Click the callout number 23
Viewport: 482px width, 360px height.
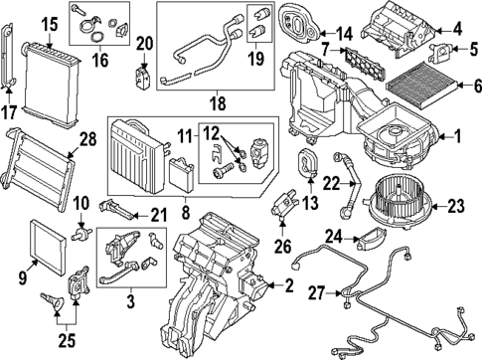pos(456,208)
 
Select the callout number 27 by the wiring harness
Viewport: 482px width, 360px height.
pos(317,292)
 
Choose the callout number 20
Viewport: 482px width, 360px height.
pos(145,43)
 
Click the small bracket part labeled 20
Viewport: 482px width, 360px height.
pos(143,74)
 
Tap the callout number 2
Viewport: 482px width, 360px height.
pos(289,288)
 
